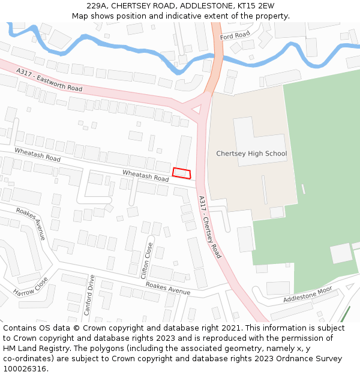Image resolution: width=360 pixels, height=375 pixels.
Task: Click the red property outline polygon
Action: pyautogui.click(x=182, y=173)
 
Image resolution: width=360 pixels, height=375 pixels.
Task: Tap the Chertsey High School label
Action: pyautogui.click(x=251, y=154)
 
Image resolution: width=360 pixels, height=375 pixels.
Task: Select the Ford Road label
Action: pyautogui.click(x=235, y=35)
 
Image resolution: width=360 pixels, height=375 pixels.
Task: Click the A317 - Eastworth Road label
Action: pyautogui.click(x=49, y=80)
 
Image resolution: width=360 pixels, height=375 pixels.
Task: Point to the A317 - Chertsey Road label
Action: pyautogui.click(x=210, y=227)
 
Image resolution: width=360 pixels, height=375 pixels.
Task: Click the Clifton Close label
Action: pyautogui.click(x=146, y=259)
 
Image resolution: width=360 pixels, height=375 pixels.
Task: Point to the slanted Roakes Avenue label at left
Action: pyautogui.click(x=31, y=223)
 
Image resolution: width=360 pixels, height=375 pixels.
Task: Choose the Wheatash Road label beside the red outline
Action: pyautogui.click(x=145, y=175)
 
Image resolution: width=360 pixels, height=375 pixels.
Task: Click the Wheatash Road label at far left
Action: pyautogui.click(x=37, y=154)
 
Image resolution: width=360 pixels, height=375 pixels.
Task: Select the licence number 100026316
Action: pyautogui.click(x=25, y=368)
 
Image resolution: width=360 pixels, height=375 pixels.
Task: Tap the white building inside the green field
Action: pyautogui.click(x=341, y=253)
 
